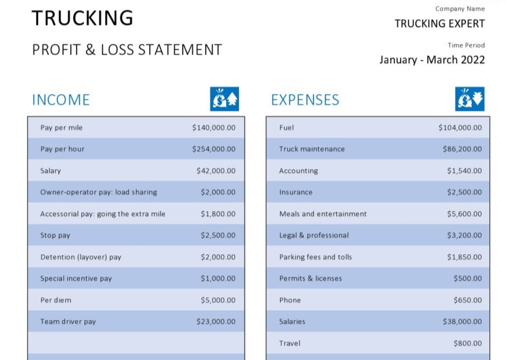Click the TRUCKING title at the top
(83, 18)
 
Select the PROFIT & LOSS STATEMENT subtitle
(127, 50)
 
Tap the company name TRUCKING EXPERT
(439, 24)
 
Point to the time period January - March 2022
(432, 60)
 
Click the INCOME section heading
(61, 100)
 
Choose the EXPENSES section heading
(305, 100)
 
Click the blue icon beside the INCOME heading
(224, 99)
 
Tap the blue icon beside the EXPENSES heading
(469, 99)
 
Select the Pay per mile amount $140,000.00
(214, 128)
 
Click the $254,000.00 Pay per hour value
(214, 149)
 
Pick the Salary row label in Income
(50, 171)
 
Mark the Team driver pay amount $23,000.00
(216, 321)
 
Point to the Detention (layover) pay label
(81, 257)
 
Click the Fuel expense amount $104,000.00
(460, 128)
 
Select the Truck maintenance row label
(312, 149)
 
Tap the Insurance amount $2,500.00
(464, 192)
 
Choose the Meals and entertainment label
(323, 214)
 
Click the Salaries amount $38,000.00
(462, 321)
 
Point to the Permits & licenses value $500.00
(467, 279)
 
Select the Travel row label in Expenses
(289, 343)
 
